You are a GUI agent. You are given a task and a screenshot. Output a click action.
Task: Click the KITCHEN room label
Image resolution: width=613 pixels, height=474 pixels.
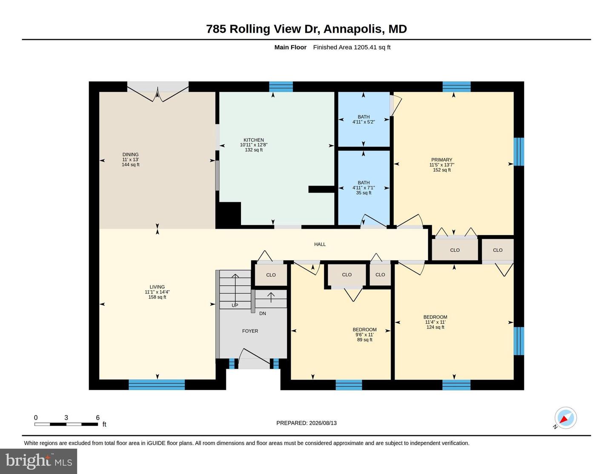254,140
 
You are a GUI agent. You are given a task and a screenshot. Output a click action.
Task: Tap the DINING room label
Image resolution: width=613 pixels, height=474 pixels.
130,155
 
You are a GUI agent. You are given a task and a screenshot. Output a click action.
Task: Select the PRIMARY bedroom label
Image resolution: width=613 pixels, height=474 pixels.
441,160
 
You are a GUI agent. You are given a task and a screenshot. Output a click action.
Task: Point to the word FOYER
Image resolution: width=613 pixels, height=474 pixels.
250,331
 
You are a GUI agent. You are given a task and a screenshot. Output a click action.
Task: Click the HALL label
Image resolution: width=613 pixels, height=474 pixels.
320,244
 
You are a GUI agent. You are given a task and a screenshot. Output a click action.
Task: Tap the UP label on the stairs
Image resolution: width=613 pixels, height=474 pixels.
235,305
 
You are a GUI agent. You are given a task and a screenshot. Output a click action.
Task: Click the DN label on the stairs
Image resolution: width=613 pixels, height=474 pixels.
262,313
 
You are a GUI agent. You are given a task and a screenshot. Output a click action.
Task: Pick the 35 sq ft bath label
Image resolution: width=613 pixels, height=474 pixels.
364,193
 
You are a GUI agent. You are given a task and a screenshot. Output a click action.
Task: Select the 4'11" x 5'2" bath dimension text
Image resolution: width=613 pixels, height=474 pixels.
364,122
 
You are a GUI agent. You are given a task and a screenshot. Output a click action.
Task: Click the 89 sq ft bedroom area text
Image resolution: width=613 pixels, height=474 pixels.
364,340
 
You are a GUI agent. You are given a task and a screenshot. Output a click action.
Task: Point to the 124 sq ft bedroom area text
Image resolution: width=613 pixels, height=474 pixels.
435,327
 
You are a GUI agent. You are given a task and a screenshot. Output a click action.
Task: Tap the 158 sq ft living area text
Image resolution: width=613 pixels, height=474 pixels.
157,297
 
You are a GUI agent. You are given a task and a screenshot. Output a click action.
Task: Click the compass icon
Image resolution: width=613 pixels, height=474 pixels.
565,418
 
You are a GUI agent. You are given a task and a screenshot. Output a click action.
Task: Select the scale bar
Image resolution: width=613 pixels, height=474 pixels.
66,424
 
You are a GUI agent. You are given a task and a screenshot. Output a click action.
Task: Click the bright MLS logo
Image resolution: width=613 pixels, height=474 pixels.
39,461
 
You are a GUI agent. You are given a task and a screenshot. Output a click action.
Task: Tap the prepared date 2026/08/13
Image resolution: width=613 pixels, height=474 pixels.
323,423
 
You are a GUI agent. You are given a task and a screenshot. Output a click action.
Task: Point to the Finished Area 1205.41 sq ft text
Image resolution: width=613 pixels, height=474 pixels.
352,47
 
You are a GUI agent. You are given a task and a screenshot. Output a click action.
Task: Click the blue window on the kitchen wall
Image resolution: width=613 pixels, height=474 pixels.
281,86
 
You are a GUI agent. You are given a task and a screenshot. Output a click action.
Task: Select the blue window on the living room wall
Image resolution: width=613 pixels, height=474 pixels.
157,385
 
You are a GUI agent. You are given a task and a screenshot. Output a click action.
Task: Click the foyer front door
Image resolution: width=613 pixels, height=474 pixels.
254,363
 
